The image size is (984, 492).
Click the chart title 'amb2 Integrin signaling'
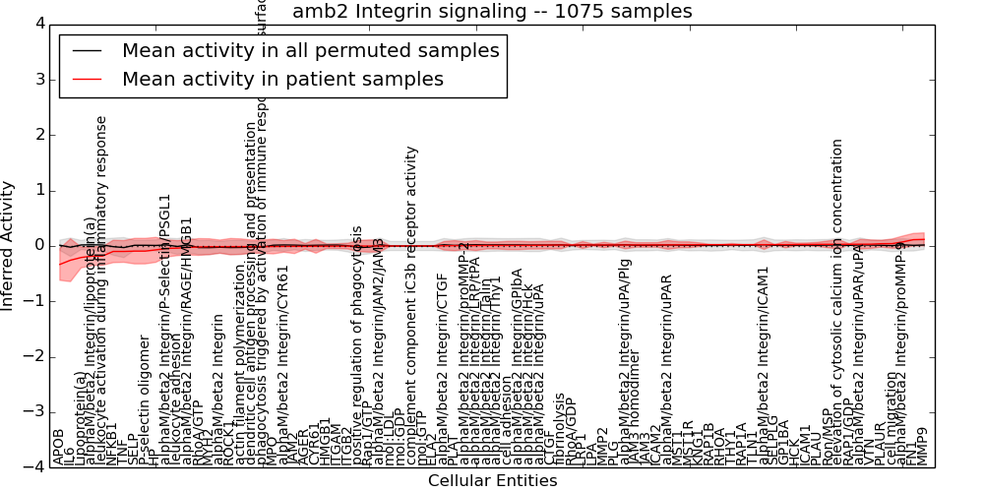point(492,11)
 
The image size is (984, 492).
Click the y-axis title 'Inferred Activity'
point(8,245)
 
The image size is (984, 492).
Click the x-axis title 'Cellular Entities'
point(492,481)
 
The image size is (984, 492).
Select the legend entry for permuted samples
point(310,51)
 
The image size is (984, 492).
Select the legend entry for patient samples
point(282,79)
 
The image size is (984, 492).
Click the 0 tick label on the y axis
point(39,245)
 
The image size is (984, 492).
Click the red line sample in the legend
point(87,79)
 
